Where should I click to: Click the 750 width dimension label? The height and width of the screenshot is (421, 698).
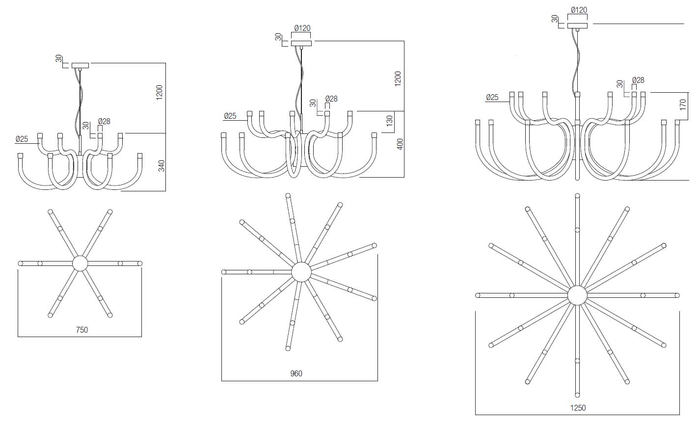click(82, 330)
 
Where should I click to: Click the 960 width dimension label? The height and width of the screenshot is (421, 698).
click(296, 374)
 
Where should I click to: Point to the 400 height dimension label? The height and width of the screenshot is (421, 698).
click(400, 144)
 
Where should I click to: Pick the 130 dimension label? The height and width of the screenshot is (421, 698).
click(390, 120)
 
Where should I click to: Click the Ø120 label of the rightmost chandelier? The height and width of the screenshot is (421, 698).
click(579, 10)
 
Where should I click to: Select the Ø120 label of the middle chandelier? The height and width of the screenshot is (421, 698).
click(302, 28)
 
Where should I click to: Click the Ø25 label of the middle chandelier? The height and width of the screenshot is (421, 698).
click(230, 116)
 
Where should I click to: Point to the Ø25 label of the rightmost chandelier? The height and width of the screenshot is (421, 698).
click(492, 98)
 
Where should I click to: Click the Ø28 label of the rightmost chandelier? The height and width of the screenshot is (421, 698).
click(638, 80)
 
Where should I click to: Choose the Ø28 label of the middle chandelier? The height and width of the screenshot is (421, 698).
click(331, 99)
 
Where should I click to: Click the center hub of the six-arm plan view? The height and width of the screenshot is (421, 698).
click(80, 263)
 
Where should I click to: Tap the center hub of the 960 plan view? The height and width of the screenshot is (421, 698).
click(301, 272)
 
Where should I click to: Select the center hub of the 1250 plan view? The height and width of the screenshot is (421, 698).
click(577, 295)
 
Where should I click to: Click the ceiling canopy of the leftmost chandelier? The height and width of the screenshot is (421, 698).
click(80, 65)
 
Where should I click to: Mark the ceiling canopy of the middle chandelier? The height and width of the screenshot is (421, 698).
click(301, 44)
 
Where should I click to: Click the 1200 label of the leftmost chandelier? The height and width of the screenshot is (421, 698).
click(159, 92)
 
